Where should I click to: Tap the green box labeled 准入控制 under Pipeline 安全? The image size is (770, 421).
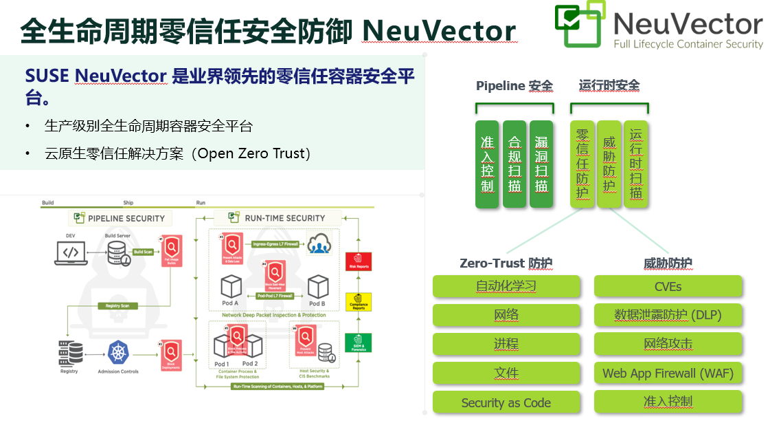click(x=488, y=164)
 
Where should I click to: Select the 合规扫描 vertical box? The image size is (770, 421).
click(x=514, y=164)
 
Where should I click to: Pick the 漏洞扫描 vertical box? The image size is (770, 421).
click(x=541, y=164)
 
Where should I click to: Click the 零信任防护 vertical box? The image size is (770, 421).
click(x=582, y=164)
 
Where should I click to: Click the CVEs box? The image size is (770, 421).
click(x=668, y=286)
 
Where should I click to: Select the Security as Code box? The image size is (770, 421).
click(x=506, y=402)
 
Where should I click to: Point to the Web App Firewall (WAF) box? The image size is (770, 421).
click(x=668, y=374)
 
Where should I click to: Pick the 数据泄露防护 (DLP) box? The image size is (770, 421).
click(x=668, y=315)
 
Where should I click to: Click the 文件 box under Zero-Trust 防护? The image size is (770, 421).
click(x=506, y=374)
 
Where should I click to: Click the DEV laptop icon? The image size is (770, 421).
click(x=71, y=252)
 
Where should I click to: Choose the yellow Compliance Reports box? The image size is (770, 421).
click(x=358, y=301)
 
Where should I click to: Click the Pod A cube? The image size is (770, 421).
click(x=231, y=287)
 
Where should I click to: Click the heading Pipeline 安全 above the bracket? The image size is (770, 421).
click(x=514, y=86)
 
